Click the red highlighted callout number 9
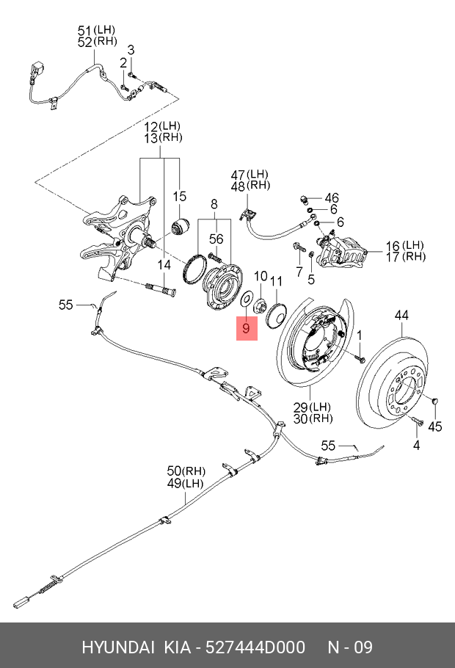tap(246, 328)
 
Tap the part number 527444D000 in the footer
tap(255, 647)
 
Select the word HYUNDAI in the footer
tap(118, 647)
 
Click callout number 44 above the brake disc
tap(401, 315)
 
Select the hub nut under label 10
tap(261, 305)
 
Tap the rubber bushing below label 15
tap(181, 226)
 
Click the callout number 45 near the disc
tap(435, 426)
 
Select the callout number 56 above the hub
tap(216, 239)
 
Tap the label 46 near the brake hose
tap(332, 198)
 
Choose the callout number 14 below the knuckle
tap(164, 265)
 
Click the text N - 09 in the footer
tap(350, 647)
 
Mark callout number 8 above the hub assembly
tap(214, 205)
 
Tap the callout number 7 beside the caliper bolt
tap(299, 272)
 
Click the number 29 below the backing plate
tap(301, 407)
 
